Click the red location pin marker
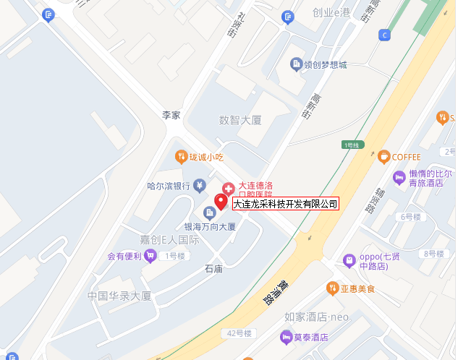click(221, 202)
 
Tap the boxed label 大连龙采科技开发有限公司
click(285, 204)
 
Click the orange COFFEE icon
click(383, 156)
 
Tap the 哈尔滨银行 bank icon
click(199, 185)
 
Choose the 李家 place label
click(171, 115)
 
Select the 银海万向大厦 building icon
click(209, 213)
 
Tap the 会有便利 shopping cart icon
click(150, 254)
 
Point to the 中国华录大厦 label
click(119, 296)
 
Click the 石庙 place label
click(213, 269)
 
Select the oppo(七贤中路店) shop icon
click(349, 260)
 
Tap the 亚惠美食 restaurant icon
click(333, 288)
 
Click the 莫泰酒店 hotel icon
click(287, 337)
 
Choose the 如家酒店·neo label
click(317, 317)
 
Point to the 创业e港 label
click(331, 13)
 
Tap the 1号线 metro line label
click(352, 145)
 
